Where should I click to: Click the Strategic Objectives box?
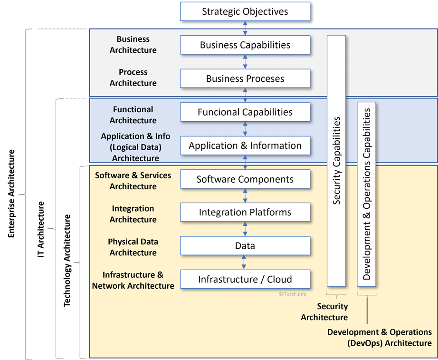(x=245, y=11)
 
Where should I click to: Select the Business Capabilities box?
(x=245, y=45)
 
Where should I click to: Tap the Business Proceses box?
(x=245, y=78)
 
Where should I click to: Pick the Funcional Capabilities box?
(x=245, y=112)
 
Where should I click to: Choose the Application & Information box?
(x=245, y=146)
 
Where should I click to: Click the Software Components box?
(x=245, y=179)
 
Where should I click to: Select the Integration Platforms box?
(x=245, y=212)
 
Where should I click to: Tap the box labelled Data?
(x=245, y=245)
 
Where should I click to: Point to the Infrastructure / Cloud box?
(x=245, y=279)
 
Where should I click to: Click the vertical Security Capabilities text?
(x=337, y=161)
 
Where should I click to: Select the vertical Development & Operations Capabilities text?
(x=366, y=194)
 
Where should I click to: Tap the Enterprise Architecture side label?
(x=11, y=194)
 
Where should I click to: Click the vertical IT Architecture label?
(x=41, y=229)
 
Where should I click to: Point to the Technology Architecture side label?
(x=67, y=261)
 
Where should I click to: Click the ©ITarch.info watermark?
(x=293, y=294)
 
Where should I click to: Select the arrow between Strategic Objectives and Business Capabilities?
(x=245, y=28)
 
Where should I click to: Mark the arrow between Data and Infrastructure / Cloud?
(x=244, y=262)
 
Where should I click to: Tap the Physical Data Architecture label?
(x=133, y=247)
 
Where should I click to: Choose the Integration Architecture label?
(x=133, y=214)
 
